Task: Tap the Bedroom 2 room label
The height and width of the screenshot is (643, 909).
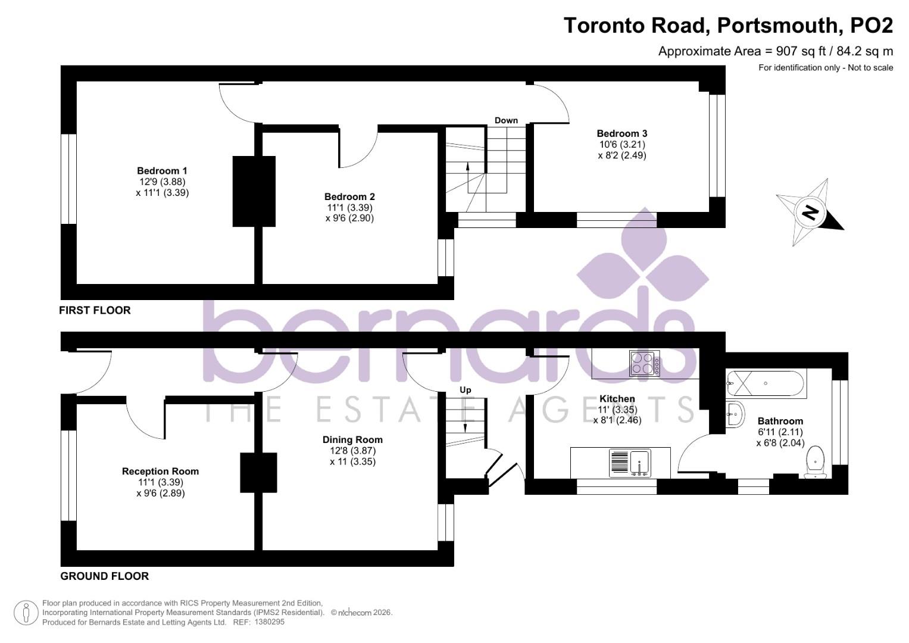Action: (x=349, y=196)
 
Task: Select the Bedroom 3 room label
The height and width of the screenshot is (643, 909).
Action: (x=621, y=133)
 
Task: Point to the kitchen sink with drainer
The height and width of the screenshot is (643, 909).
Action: (x=630, y=463)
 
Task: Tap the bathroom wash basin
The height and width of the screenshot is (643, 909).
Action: (x=735, y=413)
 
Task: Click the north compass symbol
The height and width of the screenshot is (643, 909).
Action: (x=809, y=212)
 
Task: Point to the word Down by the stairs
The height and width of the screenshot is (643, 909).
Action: (x=506, y=120)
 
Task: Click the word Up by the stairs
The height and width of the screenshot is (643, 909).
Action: (x=466, y=390)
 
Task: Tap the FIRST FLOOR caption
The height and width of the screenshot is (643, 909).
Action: (x=95, y=310)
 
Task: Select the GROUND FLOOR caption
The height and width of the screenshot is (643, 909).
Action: (x=105, y=576)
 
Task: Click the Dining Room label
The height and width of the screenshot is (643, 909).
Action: (x=352, y=439)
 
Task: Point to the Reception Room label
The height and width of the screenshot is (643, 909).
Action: (x=160, y=471)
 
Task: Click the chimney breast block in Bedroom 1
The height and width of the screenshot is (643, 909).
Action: (x=254, y=191)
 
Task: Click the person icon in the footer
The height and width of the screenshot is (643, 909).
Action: (x=26, y=613)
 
